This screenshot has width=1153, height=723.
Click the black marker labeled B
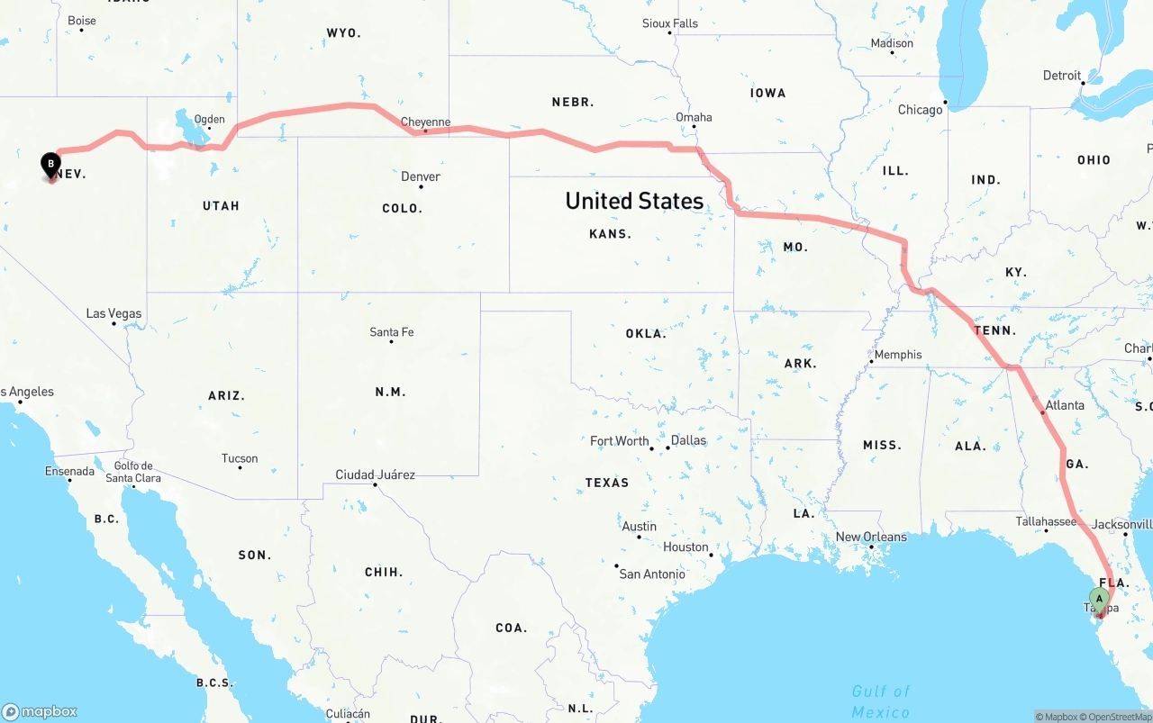[51, 165]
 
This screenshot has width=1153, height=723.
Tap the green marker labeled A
[1099, 599]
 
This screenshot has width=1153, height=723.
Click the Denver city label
[421, 176]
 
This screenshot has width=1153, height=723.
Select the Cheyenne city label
[425, 122]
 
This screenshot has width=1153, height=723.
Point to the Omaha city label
[694, 117]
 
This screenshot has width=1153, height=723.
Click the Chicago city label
[920, 110]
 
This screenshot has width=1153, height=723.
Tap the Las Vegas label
[113, 313]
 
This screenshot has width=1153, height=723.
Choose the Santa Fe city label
[392, 332]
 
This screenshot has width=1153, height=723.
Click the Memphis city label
[898, 355]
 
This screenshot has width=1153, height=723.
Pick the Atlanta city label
[1065, 405]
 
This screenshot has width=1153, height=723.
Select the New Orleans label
[871, 537]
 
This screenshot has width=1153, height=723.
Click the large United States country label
[634, 201]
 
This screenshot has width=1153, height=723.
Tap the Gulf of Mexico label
[880, 701]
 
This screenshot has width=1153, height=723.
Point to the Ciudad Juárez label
[375, 474]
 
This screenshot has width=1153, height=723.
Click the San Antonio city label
[652, 574]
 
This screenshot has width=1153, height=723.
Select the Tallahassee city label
[1046, 521]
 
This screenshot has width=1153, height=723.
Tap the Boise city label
[82, 21]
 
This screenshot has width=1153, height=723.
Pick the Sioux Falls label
[670, 23]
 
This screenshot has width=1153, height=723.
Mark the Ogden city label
[210, 119]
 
